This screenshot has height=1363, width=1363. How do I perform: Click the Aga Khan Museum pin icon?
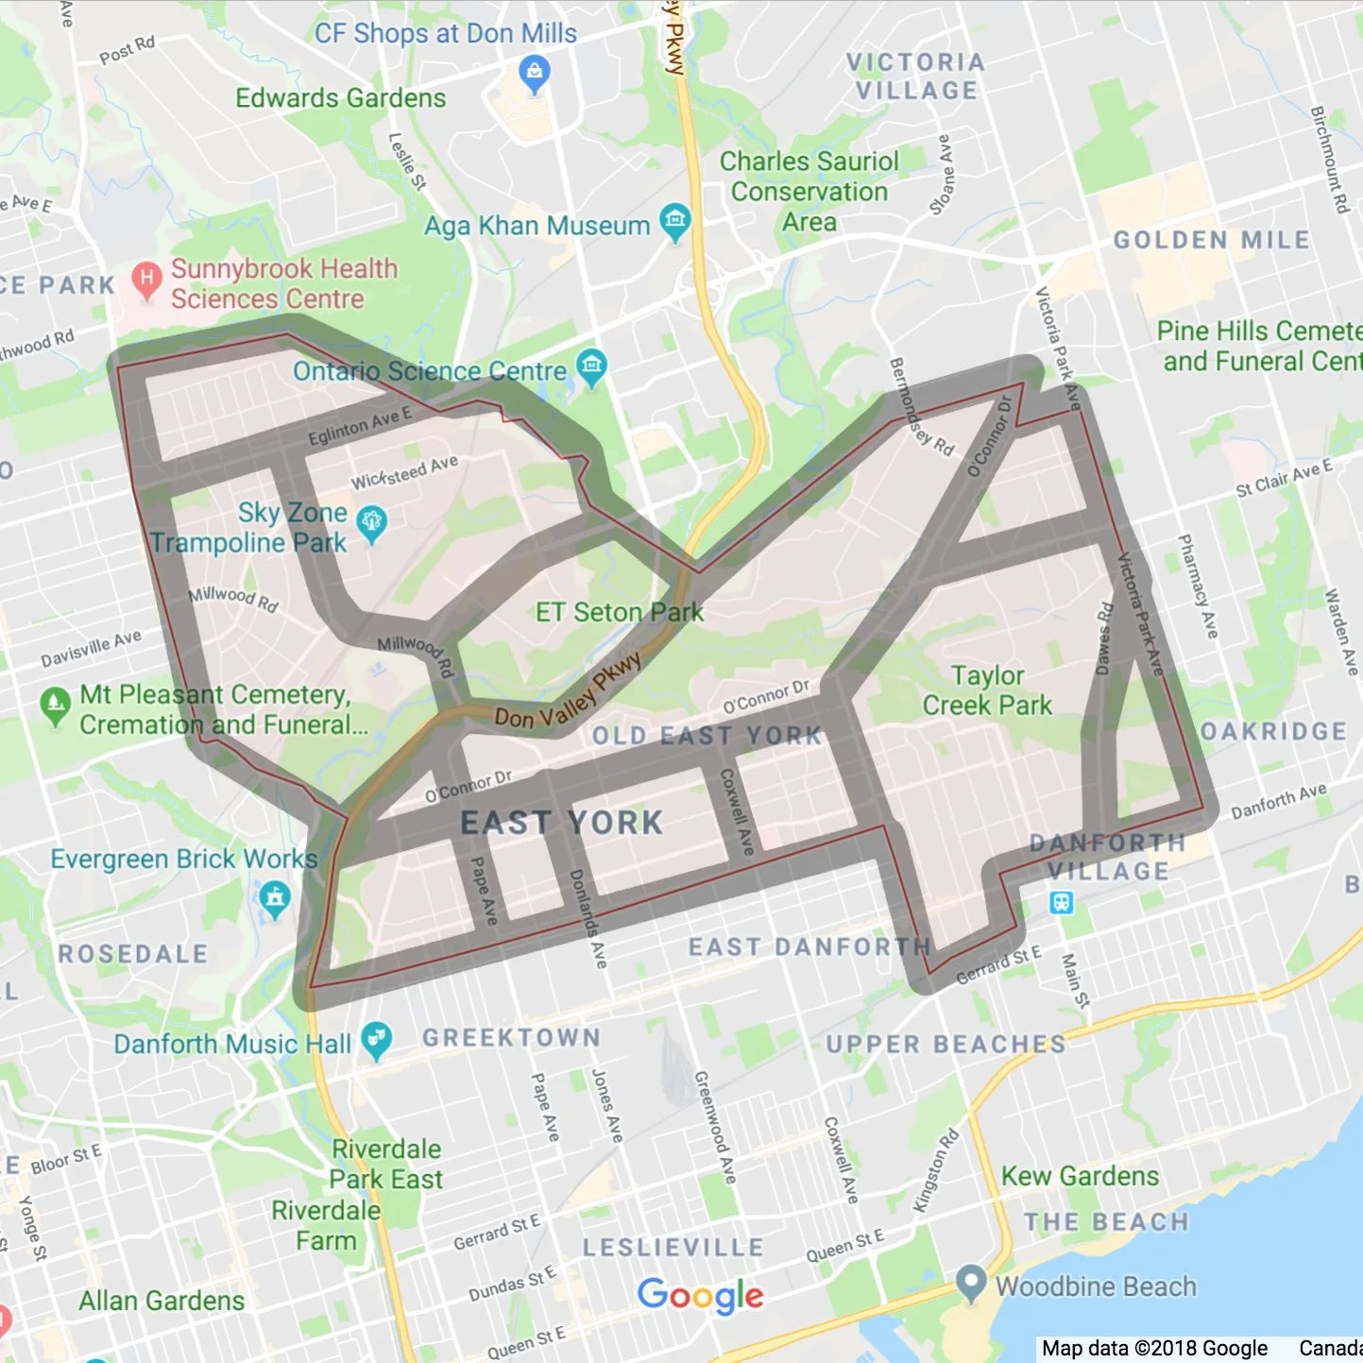coord(674,221)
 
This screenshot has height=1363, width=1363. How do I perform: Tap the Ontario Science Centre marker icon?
coord(592,366)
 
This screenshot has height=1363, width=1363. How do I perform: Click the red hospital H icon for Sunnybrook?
coord(145,279)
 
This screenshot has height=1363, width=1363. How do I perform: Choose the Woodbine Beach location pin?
coord(970,1283)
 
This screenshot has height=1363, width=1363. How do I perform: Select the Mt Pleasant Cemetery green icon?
coord(55,704)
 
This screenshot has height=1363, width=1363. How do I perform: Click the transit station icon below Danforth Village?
coord(1061,902)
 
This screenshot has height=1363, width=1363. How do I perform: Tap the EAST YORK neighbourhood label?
coord(562,823)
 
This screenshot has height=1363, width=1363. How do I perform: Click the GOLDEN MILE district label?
coord(1211,240)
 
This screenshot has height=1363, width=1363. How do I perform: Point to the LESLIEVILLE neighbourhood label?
coord(673,1247)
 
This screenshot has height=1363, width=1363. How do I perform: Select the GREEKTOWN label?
coord(511,1037)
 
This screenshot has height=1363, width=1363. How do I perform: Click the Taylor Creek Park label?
coord(987,690)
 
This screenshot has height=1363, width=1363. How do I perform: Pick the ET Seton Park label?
coord(619,612)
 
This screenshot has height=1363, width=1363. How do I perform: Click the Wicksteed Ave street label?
coord(404,472)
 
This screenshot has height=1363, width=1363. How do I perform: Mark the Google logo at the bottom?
coord(700,1295)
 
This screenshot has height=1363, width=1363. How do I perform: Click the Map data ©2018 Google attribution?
coord(1154,1349)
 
